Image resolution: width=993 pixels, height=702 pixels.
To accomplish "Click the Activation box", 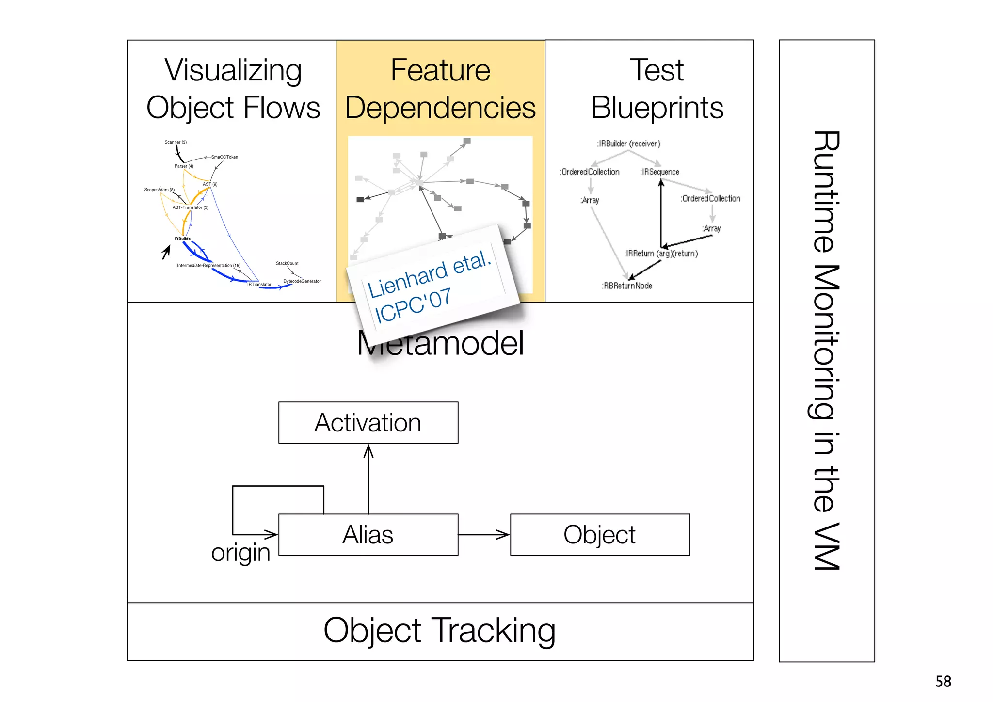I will (368, 423).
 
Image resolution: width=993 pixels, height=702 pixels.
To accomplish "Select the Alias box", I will (368, 535).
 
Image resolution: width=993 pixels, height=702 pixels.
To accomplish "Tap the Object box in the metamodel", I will (600, 535).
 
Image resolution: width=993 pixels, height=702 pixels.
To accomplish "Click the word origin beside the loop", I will (240, 552).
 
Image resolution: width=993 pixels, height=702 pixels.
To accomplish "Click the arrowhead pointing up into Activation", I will (368, 451).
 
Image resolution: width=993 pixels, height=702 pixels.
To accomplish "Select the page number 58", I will (943, 681).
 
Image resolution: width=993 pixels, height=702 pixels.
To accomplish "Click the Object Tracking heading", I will (439, 631).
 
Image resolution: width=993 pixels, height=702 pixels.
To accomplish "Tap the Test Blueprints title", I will (657, 89).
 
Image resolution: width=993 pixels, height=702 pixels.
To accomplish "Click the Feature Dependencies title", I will (440, 89).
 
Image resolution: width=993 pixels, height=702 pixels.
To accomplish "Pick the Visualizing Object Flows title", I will (233, 89).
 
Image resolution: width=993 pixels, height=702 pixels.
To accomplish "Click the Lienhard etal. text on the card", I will (430, 274).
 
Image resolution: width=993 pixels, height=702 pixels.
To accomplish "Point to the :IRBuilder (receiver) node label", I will (628, 144).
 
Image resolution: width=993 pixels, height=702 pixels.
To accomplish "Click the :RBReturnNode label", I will (627, 286).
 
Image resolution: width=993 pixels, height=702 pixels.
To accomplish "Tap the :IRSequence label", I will (659, 172).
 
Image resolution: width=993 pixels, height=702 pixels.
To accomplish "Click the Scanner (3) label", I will (176, 142).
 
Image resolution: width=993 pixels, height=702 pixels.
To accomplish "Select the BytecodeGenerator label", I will (302, 281).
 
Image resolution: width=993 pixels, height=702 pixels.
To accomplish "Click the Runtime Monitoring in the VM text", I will (826, 350).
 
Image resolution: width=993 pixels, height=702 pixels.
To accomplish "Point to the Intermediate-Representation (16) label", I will (208, 265).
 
